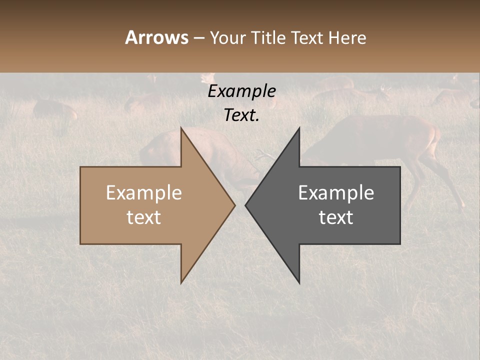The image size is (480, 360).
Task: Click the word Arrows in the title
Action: tap(156, 37)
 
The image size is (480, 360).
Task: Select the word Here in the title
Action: tap(347, 37)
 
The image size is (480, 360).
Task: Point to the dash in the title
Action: tap(198, 38)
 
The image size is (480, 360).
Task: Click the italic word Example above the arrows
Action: tap(241, 91)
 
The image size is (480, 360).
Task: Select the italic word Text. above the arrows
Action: tap(241, 115)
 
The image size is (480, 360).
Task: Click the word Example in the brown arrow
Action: tap(144, 192)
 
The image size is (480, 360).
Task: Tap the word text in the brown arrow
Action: tap(144, 217)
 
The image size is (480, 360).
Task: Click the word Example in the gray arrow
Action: tap(336, 192)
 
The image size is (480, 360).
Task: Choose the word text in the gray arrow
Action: tap(336, 217)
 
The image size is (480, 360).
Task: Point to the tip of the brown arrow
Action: tap(234, 205)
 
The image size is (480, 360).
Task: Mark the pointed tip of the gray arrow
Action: tap(245, 205)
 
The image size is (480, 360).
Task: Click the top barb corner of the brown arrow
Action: tap(181, 128)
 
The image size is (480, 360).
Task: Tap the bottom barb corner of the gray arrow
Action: tap(299, 283)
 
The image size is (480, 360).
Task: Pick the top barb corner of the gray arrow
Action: tap(299, 128)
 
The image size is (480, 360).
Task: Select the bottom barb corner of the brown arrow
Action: tap(181, 283)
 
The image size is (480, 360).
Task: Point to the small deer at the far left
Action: tap(52, 110)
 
